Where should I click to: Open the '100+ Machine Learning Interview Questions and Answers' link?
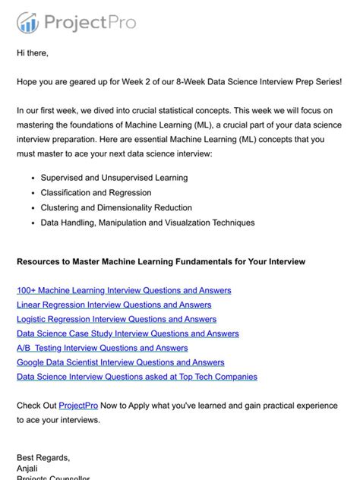124,290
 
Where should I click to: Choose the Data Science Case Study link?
128,333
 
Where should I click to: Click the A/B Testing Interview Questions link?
102,348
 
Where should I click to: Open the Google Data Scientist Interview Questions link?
120,362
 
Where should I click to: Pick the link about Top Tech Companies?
137,377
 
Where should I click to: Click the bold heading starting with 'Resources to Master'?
161,261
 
